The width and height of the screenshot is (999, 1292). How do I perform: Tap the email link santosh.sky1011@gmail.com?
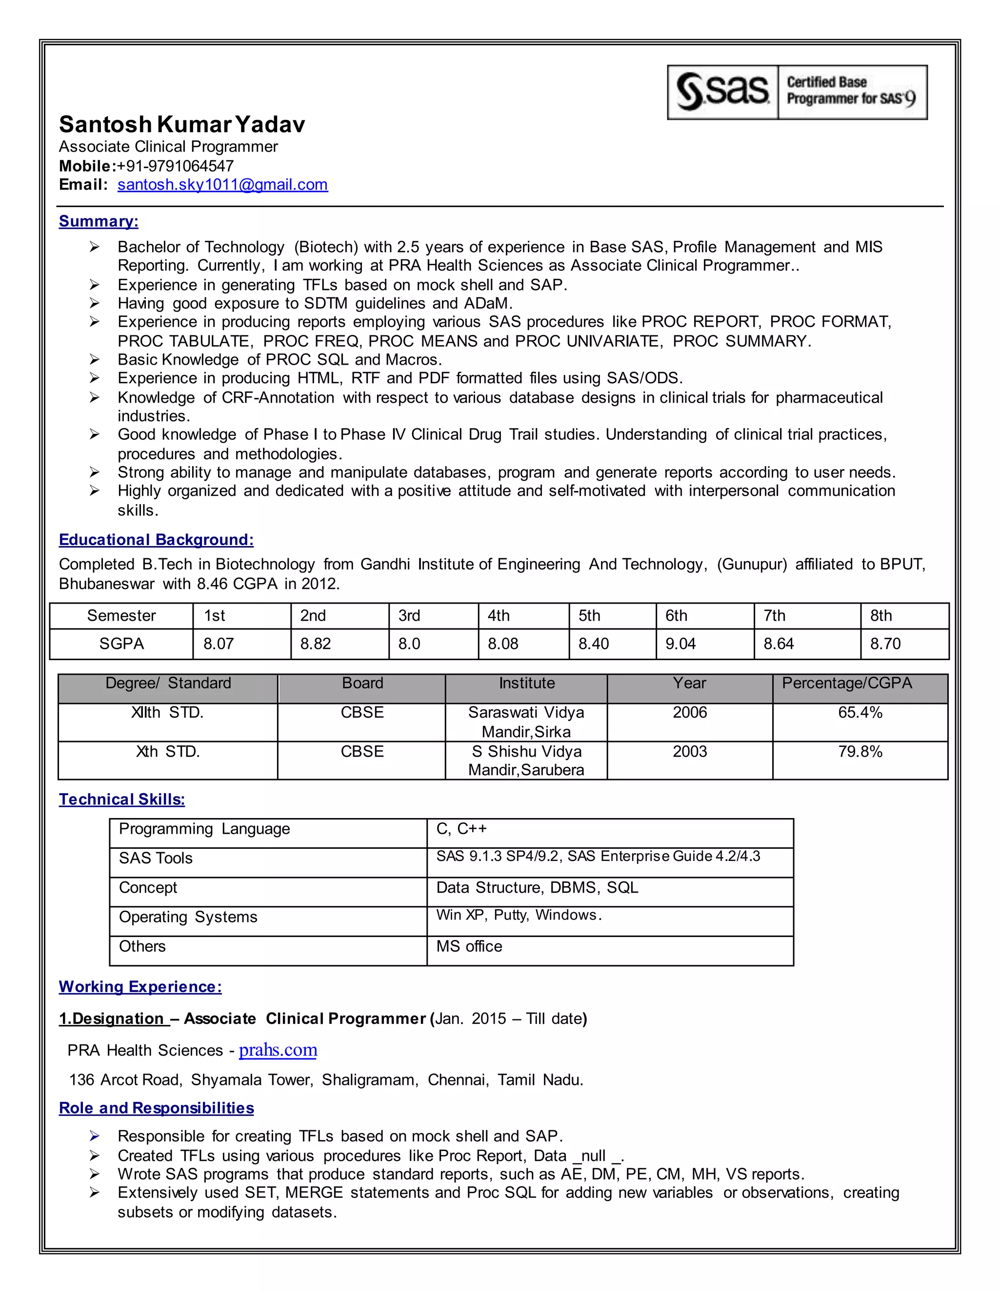click(222, 185)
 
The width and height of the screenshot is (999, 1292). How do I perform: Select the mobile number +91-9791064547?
click(175, 166)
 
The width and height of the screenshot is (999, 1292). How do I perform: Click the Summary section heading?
click(98, 221)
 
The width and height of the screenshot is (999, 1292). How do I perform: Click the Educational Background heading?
click(156, 540)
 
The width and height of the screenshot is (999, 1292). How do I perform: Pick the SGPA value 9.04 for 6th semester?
click(680, 644)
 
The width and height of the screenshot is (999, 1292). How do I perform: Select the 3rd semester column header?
click(409, 616)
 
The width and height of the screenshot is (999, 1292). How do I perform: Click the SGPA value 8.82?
click(316, 644)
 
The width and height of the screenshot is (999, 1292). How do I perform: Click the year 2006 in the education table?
click(689, 713)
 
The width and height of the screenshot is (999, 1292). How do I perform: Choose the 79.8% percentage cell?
click(860, 752)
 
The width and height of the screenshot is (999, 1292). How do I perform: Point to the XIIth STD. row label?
click(167, 713)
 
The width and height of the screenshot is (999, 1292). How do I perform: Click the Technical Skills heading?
click(122, 800)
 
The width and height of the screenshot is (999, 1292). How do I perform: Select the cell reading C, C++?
click(461, 829)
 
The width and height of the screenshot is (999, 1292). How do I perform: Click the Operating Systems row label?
click(188, 917)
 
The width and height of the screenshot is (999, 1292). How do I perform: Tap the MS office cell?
click(469, 946)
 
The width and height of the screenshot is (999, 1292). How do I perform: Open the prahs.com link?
click(278, 1050)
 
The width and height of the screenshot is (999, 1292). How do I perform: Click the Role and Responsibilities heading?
click(156, 1108)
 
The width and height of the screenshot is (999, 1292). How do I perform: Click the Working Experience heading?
click(140, 987)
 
